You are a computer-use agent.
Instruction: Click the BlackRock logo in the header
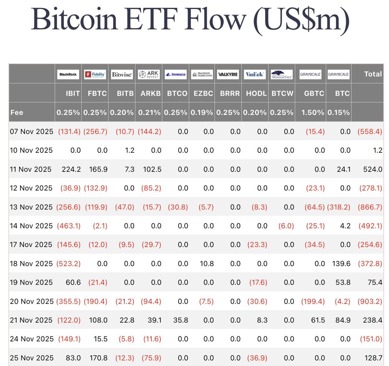tap(68, 74)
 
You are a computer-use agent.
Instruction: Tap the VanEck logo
tap(254, 74)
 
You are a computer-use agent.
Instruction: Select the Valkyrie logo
tap(228, 74)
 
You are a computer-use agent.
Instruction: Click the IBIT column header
tap(73, 93)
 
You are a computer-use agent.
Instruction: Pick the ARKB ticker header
tap(151, 93)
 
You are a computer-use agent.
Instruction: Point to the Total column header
tap(373, 74)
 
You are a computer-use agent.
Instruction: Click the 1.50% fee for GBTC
tap(312, 113)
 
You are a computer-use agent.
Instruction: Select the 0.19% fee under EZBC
tap(202, 113)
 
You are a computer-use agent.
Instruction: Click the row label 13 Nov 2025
tap(31, 207)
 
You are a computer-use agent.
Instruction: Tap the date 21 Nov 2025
tap(31, 320)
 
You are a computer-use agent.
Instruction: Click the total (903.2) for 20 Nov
tap(370, 301)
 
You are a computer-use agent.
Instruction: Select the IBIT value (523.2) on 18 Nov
tap(68, 263)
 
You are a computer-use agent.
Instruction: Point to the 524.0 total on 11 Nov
tap(372, 169)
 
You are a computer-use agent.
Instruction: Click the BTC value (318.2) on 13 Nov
tap(338, 207)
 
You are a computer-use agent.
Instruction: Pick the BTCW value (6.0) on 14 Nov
tap(286, 226)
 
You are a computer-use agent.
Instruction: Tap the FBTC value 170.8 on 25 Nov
tap(99, 358)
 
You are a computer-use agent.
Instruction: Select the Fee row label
tap(17, 113)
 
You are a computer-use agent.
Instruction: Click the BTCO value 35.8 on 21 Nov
tap(181, 320)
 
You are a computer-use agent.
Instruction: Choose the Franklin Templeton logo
tap(202, 74)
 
